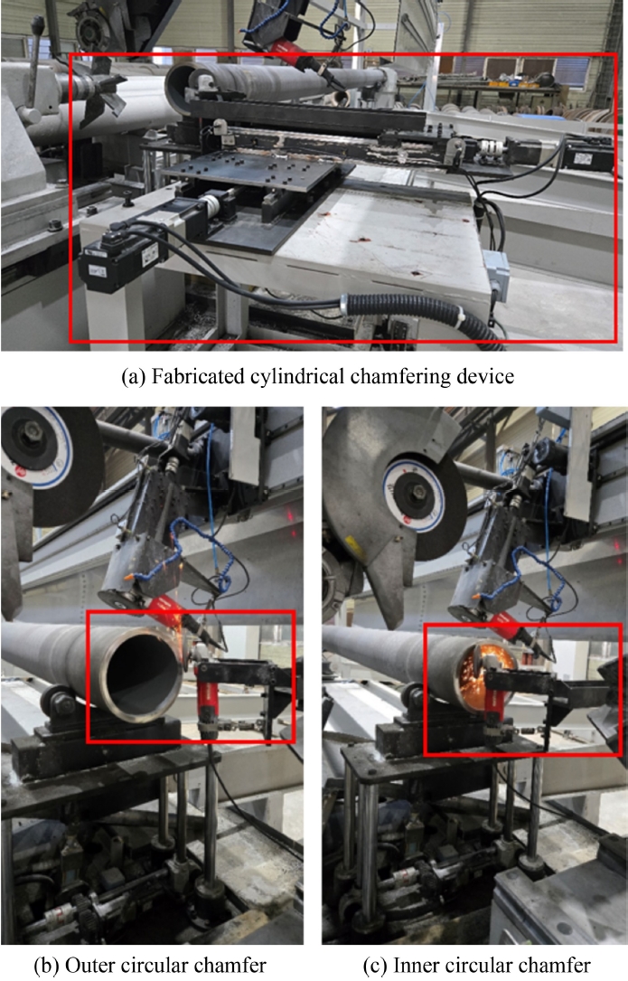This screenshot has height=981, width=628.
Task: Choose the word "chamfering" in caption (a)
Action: point(395,376)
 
